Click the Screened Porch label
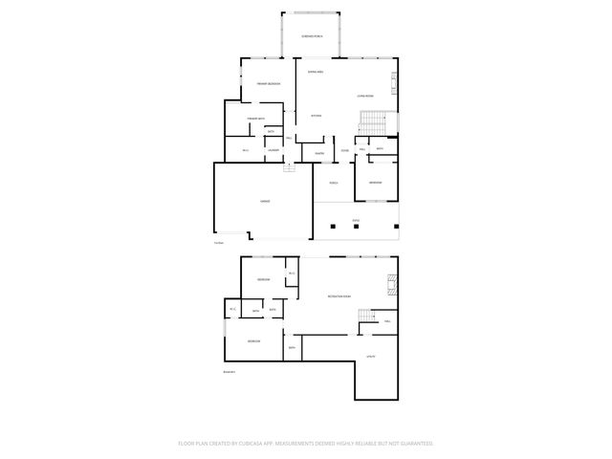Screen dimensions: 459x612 tap(312, 35)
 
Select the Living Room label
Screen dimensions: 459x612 tap(364, 96)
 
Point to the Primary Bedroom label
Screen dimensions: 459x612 tap(268, 84)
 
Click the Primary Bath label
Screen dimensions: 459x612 tap(255, 119)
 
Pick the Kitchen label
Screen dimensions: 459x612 tap(317, 116)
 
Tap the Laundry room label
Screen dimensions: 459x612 tap(273, 150)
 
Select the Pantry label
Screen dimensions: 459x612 tap(318, 153)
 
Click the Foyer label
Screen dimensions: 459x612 tap(344, 150)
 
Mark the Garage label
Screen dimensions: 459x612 tap(264, 202)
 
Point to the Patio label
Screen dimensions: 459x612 tap(356, 220)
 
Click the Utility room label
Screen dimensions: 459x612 tap(369, 357)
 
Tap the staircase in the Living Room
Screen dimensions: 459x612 tap(372, 122)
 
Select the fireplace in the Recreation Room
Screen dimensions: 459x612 tap(390, 283)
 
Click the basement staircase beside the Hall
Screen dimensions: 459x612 tap(366, 318)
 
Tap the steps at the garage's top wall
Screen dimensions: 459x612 tap(288, 168)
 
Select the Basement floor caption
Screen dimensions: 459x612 tap(229, 372)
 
